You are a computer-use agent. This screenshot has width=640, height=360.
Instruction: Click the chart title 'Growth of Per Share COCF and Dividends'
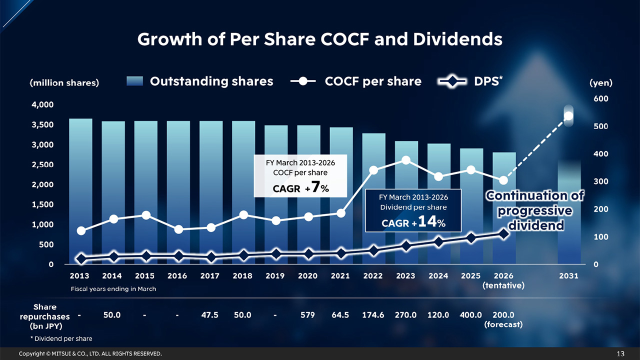[x=319, y=39]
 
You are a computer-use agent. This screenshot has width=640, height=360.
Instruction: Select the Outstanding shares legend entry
[x=200, y=81]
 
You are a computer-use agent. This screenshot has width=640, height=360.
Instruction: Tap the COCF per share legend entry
[x=355, y=81]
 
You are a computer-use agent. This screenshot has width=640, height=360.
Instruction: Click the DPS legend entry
[x=469, y=81]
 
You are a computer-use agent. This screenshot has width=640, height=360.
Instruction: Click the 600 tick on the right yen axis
[x=601, y=99]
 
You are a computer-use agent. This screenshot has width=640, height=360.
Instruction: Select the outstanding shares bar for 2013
[x=80, y=190]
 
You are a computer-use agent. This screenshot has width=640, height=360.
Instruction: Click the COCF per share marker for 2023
[x=406, y=160]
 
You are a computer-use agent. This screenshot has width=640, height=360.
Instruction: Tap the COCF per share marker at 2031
[x=568, y=116]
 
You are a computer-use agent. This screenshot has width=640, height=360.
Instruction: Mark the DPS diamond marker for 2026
[x=503, y=233]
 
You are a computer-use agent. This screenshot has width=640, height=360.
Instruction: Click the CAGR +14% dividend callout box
[x=412, y=210]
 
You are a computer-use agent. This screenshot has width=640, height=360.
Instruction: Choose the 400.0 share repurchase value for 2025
[x=470, y=315]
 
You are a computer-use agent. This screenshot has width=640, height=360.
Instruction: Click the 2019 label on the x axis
[x=275, y=276]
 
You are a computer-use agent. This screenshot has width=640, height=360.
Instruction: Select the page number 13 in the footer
[x=620, y=354]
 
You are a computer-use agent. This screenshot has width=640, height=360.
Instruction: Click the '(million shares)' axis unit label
[x=64, y=83]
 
